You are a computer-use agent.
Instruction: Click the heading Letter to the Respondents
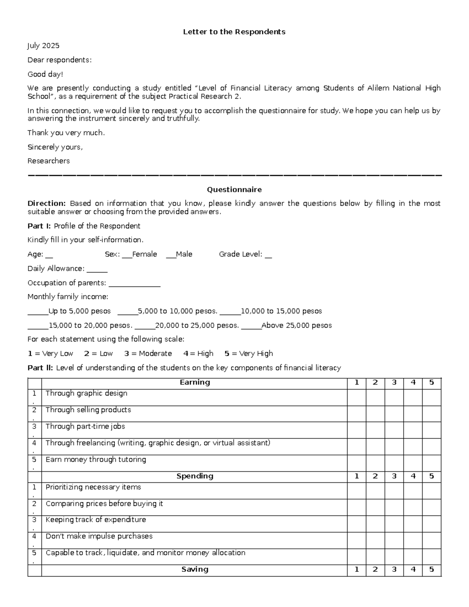(x=234, y=32)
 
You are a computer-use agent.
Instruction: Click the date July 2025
(x=43, y=46)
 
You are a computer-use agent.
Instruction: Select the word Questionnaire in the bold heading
(x=234, y=190)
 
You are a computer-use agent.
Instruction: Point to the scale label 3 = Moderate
(x=148, y=354)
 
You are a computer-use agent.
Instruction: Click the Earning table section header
(x=195, y=383)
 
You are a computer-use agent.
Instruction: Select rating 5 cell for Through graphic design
(x=431, y=397)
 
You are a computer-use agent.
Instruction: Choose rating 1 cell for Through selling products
(x=356, y=414)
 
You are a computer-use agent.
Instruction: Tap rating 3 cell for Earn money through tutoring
(x=394, y=463)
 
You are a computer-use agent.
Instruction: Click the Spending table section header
(x=195, y=476)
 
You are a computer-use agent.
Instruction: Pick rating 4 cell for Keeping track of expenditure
(x=413, y=524)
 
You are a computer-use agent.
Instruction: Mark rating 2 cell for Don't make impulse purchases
(x=375, y=540)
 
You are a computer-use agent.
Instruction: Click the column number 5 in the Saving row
(x=431, y=570)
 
